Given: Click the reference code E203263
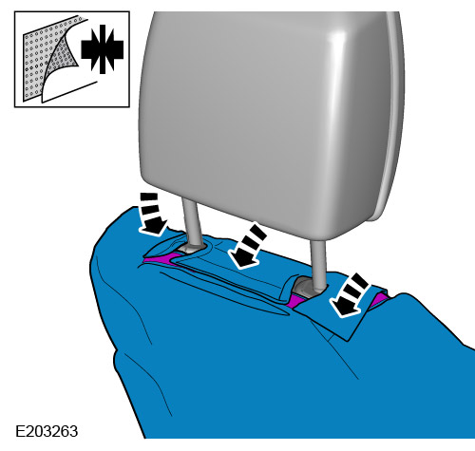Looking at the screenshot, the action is [x=47, y=431].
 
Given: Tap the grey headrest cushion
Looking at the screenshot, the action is [x=266, y=121].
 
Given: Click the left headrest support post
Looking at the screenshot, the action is [x=191, y=221].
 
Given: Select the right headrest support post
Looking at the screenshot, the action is [x=318, y=264].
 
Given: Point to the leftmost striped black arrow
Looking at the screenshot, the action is [x=152, y=214].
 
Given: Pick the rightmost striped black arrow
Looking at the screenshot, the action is [x=350, y=295].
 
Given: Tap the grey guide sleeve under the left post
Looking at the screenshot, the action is [x=189, y=248].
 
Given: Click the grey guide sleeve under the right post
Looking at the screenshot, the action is [x=306, y=288].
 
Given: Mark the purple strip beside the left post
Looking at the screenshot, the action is [x=161, y=258].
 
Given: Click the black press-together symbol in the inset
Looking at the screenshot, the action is [x=102, y=49].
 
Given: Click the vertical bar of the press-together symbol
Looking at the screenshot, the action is [x=102, y=49].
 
